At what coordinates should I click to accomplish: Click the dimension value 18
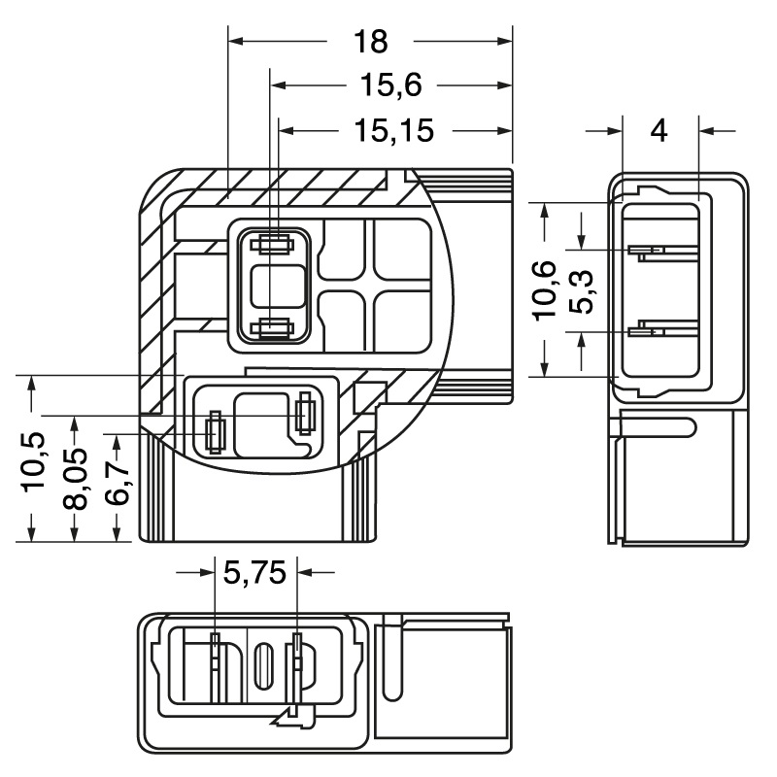pos(370,41)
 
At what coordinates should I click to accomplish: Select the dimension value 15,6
pos(390,85)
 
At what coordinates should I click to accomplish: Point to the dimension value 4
pos(659,130)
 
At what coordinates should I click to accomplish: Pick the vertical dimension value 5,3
pos(582,289)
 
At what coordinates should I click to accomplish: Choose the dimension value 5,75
pos(254,573)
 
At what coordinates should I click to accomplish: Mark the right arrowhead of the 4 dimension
pos(706,130)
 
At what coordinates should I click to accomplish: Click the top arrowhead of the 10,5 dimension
pos(33,383)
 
